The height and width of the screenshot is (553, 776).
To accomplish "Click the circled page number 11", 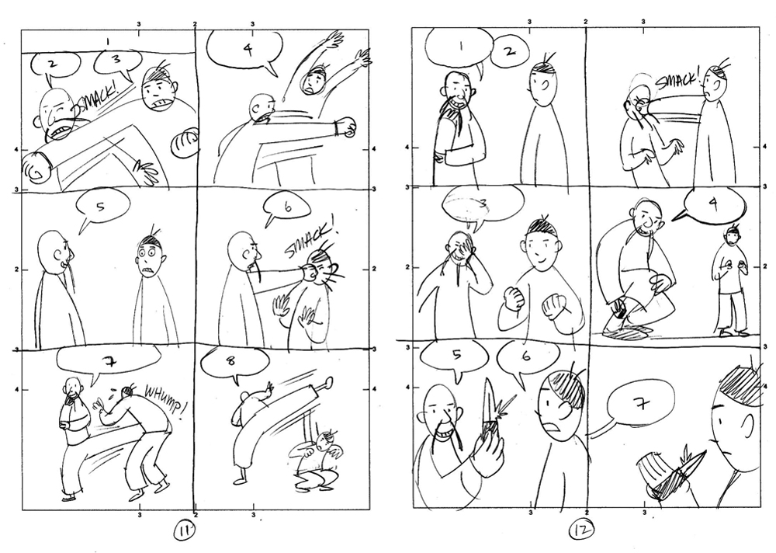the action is tap(185, 532).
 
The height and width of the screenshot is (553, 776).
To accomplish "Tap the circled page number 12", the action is tap(581, 530).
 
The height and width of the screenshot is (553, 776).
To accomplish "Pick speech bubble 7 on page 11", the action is tap(109, 363).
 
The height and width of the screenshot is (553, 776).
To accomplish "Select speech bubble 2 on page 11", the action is tap(55, 64).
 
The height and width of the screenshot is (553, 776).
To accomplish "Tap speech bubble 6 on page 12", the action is tap(525, 358).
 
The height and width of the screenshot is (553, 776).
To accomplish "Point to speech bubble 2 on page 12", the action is tap(511, 51).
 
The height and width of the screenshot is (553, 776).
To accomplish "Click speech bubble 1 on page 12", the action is tap(459, 48).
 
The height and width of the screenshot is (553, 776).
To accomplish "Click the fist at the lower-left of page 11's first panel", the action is tap(36, 166).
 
